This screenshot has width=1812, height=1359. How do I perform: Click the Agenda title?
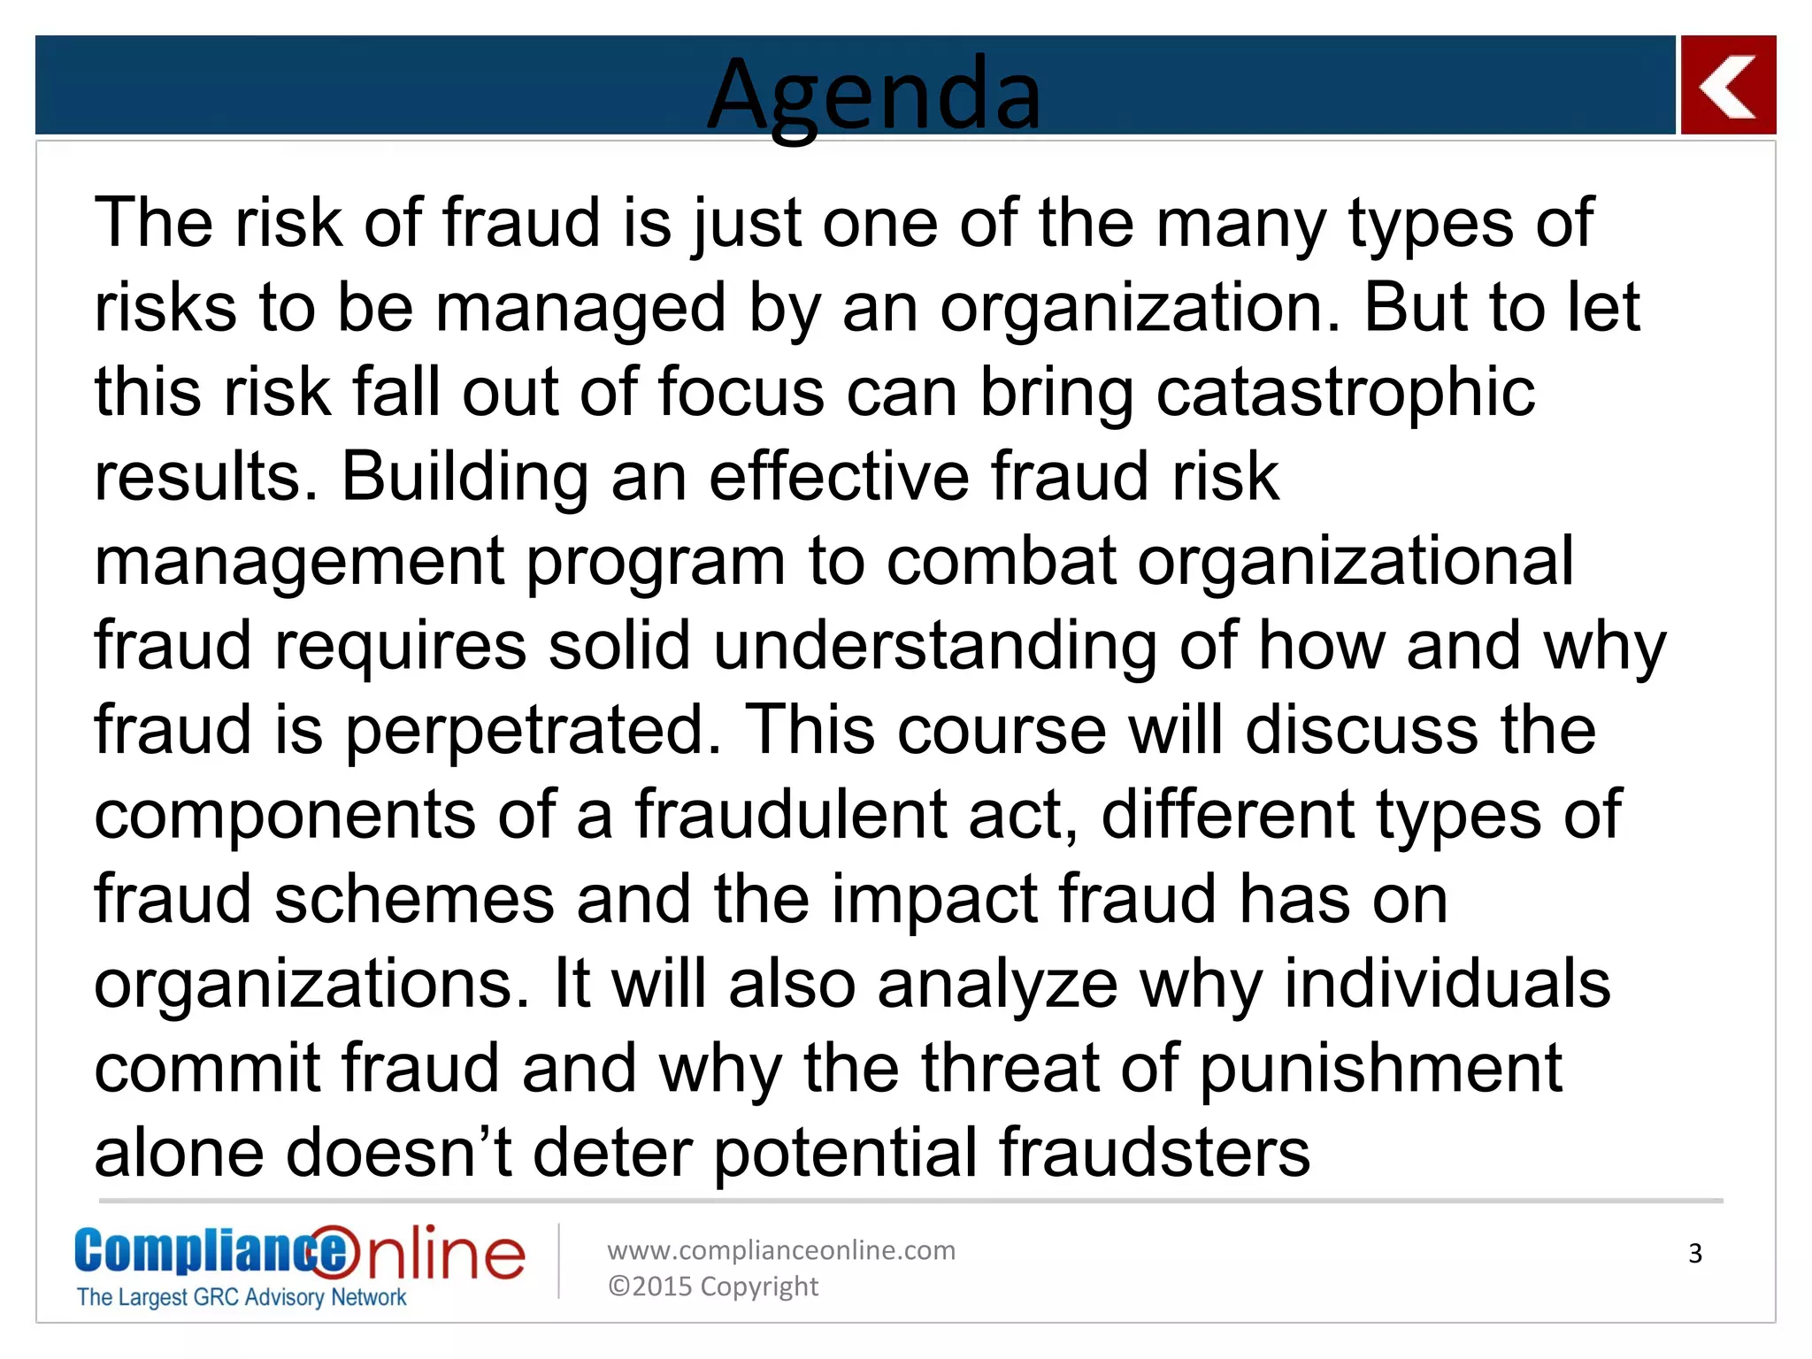pyautogui.click(x=874, y=93)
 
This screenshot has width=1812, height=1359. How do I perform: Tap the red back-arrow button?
pyautogui.click(x=1727, y=86)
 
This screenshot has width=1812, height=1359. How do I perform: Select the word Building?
pyautogui.click(x=465, y=477)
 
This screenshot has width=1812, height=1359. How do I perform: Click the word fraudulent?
pyautogui.click(x=791, y=815)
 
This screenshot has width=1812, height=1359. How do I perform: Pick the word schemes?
pyautogui.click(x=414, y=900)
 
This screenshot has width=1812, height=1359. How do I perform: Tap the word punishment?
pyautogui.click(x=1381, y=1069)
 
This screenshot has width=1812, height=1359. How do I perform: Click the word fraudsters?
pyautogui.click(x=1154, y=1153)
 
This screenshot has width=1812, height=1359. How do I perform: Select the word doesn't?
pyautogui.click(x=399, y=1153)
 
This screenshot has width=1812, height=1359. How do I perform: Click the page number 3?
pyautogui.click(x=1694, y=1254)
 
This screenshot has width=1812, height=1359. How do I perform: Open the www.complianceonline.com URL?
pyautogui.click(x=780, y=1250)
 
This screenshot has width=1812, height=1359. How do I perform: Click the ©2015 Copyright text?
pyautogui.click(x=712, y=1286)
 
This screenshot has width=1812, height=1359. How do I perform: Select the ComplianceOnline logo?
pyautogui.click(x=299, y=1252)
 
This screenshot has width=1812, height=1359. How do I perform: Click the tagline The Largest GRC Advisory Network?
pyautogui.click(x=241, y=1298)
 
